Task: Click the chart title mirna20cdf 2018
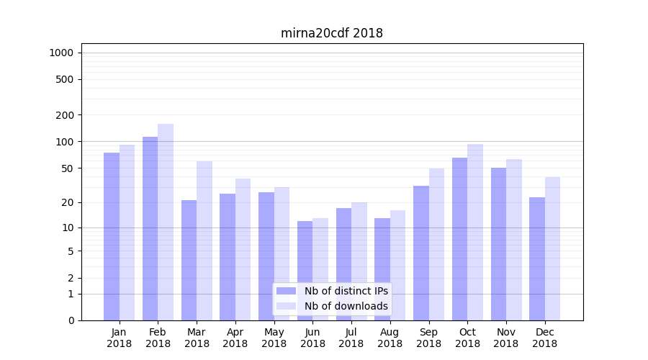coord(332,33)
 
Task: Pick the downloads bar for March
coord(204,240)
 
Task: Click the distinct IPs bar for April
coord(228,256)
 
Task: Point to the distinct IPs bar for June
coord(305,270)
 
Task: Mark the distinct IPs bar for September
coord(421,253)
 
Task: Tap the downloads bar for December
coord(552,248)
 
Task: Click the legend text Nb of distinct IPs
coord(346,291)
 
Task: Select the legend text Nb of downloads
coord(346,306)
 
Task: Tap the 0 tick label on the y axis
coord(71,320)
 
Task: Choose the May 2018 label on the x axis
coord(274,338)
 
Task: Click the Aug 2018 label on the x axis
coord(390,338)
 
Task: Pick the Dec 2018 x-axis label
coord(544,338)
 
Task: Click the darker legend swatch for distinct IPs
coord(286,291)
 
